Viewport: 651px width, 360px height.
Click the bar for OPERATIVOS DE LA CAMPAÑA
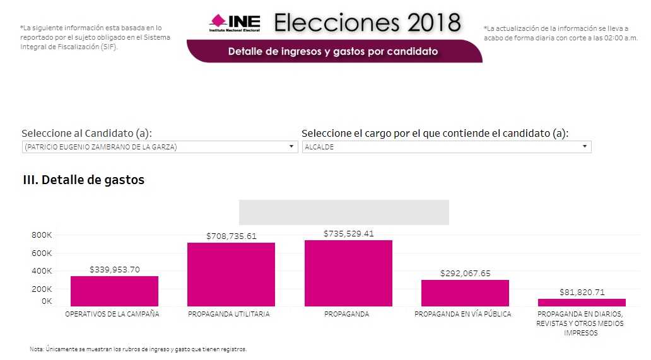click(114, 291)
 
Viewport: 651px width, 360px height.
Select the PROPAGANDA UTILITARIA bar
click(231, 274)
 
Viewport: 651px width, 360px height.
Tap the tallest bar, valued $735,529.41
click(348, 273)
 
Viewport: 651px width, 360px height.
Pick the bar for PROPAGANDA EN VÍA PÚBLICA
click(465, 293)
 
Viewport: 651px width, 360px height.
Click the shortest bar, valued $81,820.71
click(582, 303)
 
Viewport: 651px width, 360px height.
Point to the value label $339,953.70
click(114, 270)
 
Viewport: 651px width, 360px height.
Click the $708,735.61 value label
click(231, 236)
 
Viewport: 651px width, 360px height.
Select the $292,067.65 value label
click(465, 274)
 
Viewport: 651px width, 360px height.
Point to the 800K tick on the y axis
click(42, 235)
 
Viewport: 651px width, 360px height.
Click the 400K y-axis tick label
click(42, 271)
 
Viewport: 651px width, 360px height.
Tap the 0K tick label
click(46, 301)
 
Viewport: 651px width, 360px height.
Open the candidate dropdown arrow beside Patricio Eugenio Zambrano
click(291, 147)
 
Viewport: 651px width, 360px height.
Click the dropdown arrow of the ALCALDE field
click(585, 147)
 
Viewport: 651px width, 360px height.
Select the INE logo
click(234, 23)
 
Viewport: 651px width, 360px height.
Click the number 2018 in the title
click(433, 23)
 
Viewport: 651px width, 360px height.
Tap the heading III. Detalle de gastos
click(83, 180)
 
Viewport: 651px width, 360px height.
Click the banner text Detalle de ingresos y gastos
click(332, 51)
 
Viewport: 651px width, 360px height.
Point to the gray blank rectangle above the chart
click(344, 212)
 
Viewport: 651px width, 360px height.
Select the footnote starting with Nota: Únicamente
click(138, 349)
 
